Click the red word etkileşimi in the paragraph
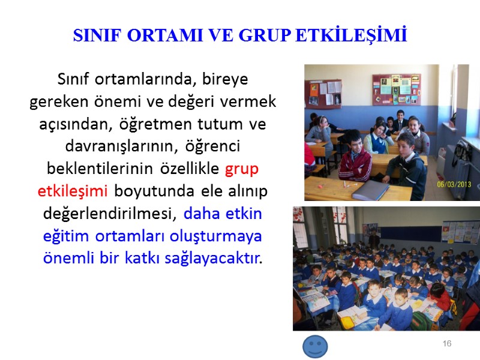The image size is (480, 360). [x=72, y=191]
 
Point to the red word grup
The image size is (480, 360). [x=242, y=169]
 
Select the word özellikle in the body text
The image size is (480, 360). [x=190, y=169]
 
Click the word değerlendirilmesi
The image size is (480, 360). [x=110, y=214]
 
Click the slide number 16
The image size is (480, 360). [x=446, y=343]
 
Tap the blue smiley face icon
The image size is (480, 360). [x=315, y=347]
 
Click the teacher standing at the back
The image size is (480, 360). [x=374, y=240]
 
